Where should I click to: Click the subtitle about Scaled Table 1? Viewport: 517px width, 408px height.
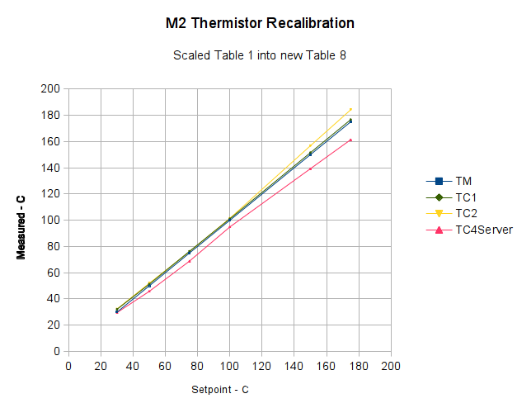pos(259,56)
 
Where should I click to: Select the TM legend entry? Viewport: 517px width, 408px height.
pos(463,181)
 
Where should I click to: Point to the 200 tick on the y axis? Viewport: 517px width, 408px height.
pos(50,89)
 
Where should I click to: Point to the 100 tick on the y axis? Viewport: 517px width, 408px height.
pos(50,221)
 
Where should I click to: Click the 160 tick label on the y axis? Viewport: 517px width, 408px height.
pos(50,142)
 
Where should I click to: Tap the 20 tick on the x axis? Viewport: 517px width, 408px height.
pos(100,364)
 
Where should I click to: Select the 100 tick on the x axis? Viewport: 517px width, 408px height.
pos(229,364)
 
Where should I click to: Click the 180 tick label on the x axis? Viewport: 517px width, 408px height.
pos(359,364)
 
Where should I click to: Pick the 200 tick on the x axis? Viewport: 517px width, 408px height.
pos(391,364)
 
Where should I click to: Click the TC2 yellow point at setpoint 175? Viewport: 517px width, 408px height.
pos(350,109)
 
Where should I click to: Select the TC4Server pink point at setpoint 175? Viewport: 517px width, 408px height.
pos(350,140)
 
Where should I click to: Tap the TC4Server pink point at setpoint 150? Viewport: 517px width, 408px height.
pos(310,168)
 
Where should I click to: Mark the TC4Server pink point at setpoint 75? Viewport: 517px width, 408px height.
pos(189,261)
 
